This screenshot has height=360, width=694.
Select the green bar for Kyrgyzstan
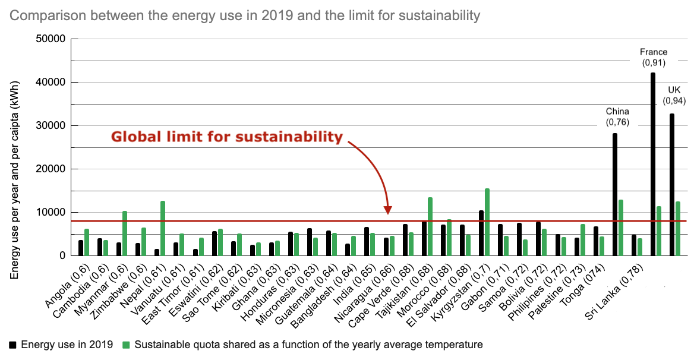487,223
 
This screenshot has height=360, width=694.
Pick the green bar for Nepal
163,229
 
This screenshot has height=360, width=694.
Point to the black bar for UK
672,185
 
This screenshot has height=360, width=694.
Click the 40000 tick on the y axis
51,83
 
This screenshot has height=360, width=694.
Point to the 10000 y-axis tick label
51,213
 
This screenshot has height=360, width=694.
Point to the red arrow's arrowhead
388,210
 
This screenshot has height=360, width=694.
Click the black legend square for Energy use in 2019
12,345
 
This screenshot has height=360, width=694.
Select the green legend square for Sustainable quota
126,345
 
